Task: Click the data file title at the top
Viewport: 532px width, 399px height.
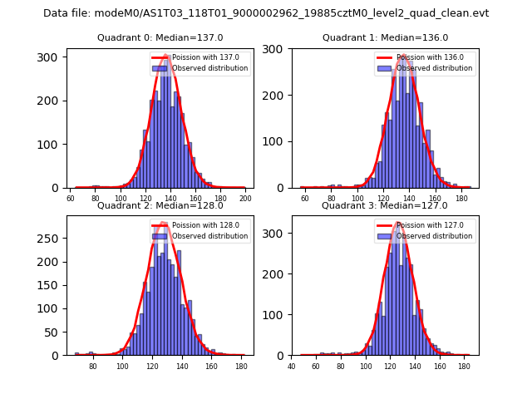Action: click(x=266, y=13)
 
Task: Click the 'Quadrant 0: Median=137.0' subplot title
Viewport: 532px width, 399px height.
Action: click(x=160, y=37)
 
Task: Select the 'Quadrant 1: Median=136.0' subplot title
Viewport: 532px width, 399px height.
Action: click(x=385, y=37)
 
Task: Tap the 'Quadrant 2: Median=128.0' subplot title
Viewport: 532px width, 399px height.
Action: click(x=160, y=205)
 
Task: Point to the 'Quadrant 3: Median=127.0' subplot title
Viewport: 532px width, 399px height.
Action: click(x=385, y=205)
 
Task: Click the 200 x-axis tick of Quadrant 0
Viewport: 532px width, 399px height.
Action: click(x=245, y=199)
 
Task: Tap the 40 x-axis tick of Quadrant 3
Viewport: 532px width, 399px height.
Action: click(x=292, y=367)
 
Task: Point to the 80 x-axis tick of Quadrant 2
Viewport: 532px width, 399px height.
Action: click(x=92, y=367)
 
